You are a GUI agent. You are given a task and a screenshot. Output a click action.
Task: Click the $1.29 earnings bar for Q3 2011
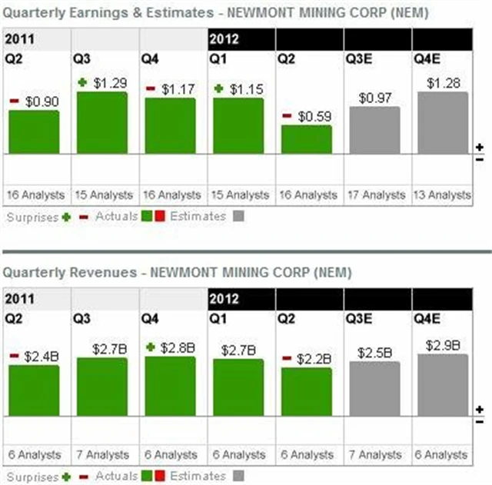point(102,123)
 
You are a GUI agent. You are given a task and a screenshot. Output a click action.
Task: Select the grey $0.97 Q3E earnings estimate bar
point(374,131)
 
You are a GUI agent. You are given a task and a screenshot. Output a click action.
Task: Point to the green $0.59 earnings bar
point(307,140)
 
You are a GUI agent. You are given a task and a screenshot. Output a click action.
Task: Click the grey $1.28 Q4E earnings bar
point(442,123)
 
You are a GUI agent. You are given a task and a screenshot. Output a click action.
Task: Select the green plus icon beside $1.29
point(81,82)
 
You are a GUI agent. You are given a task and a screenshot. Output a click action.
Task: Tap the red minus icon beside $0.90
point(14,101)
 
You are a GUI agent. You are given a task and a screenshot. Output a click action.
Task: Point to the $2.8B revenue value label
point(178,347)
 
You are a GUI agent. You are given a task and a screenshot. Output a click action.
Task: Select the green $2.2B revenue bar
point(307,392)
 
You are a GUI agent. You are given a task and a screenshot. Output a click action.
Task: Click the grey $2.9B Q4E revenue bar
point(442,385)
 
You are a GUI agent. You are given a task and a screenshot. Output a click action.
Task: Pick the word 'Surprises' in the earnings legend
point(32,217)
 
